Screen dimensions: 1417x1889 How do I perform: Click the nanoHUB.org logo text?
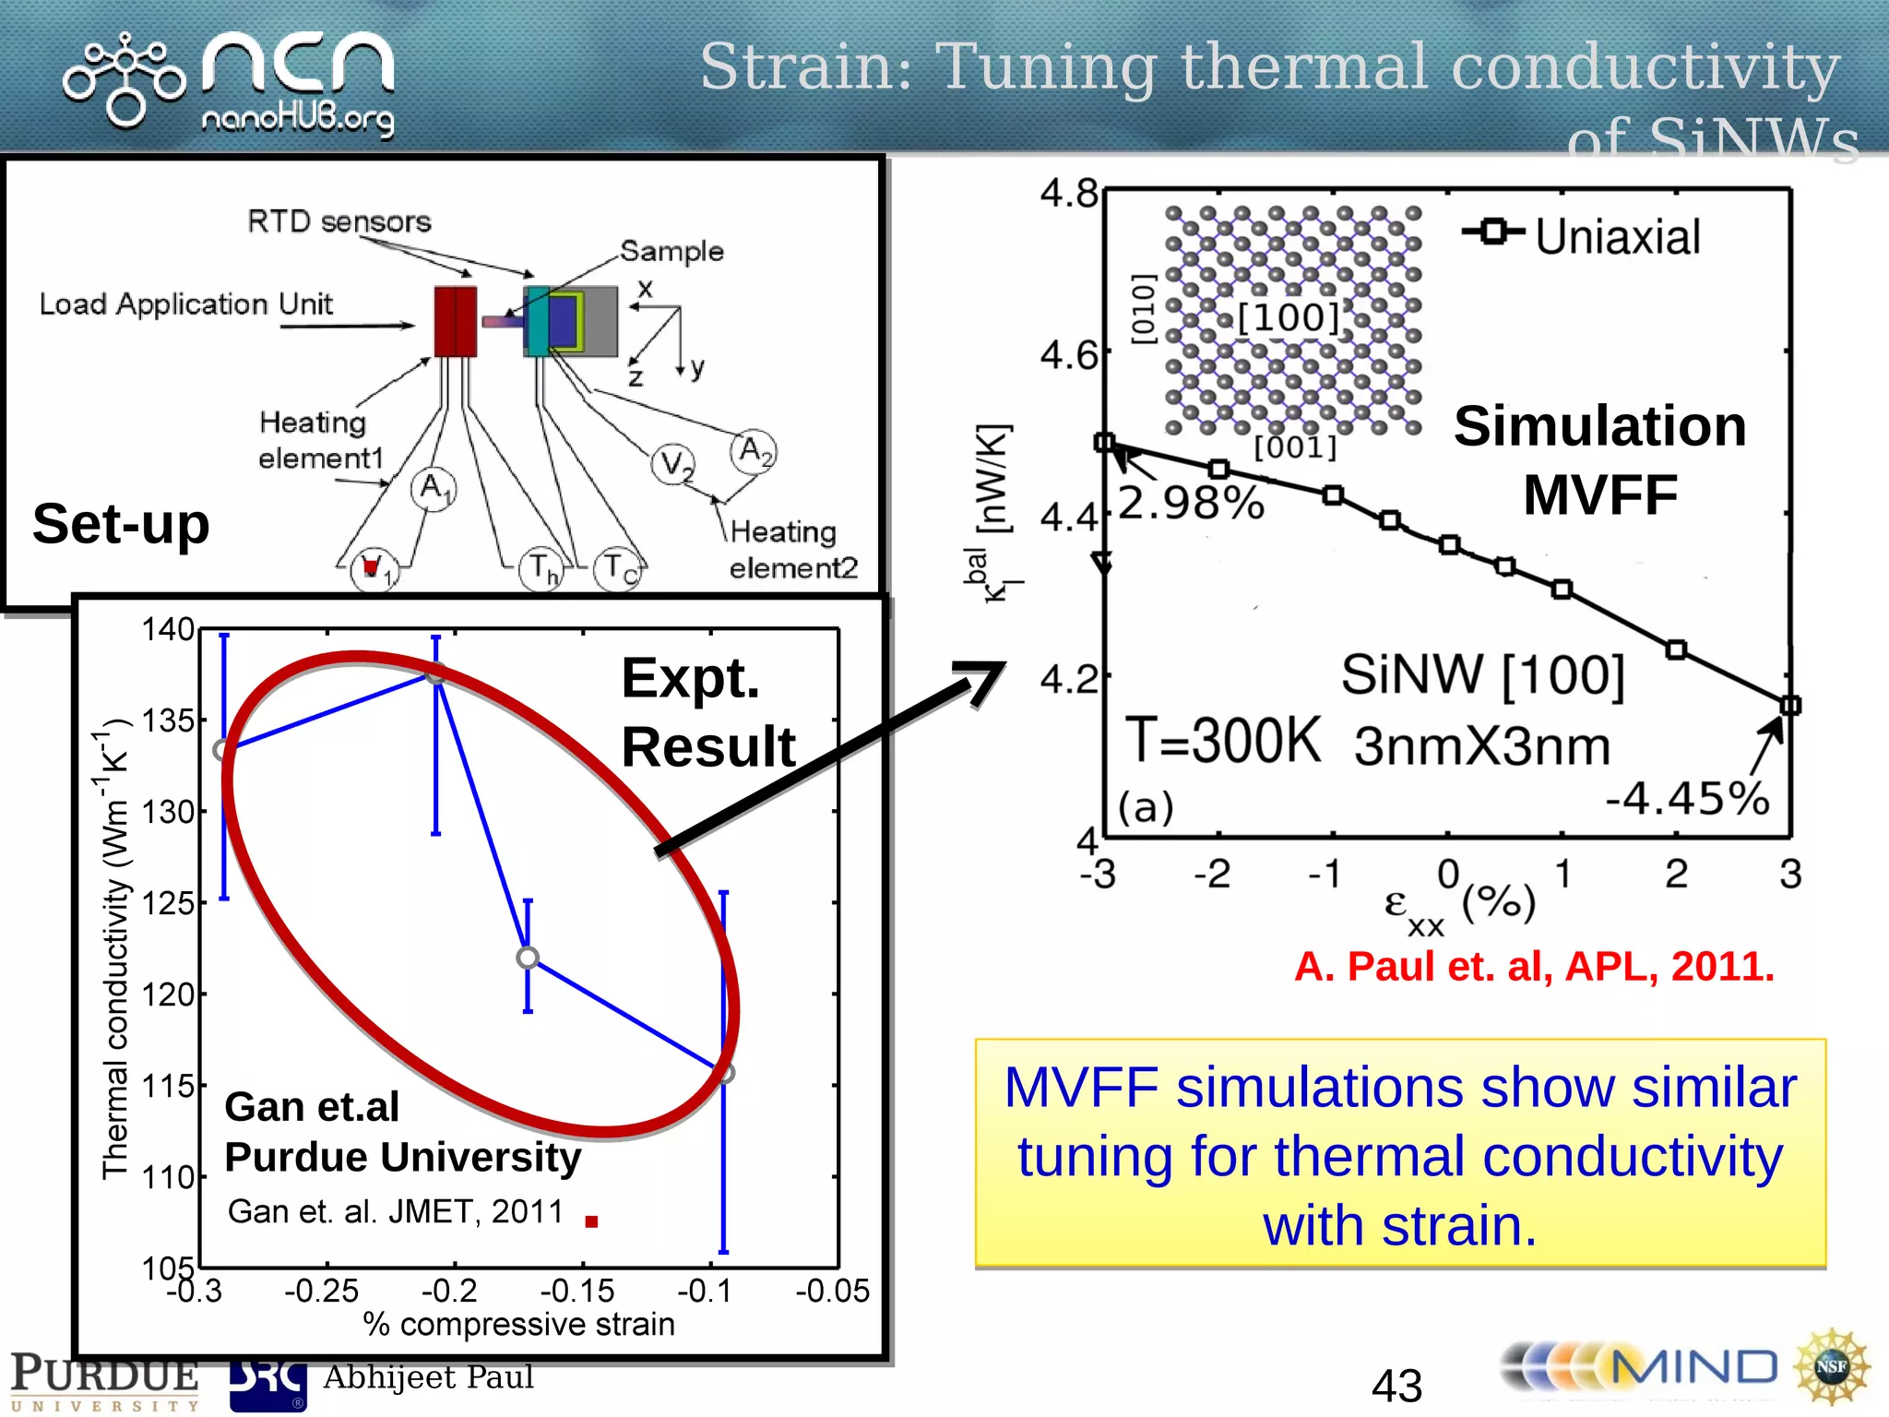(297, 119)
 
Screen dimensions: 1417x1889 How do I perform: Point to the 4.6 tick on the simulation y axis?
(1069, 355)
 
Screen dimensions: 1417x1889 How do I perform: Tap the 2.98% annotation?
(1191, 504)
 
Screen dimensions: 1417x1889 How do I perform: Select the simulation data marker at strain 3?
(1789, 706)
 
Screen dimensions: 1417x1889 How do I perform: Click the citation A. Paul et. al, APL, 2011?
(1534, 967)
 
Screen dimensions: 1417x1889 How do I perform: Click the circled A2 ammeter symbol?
(754, 451)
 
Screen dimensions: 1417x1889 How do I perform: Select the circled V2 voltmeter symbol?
(674, 464)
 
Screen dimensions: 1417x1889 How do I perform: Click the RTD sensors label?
(339, 222)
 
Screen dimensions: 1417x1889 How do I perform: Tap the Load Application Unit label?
(185, 304)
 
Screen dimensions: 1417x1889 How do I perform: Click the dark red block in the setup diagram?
(456, 321)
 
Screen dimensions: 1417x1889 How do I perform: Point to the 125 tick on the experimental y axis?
(168, 903)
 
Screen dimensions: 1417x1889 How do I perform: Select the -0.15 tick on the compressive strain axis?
(577, 1291)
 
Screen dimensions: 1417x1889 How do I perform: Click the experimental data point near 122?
(528, 958)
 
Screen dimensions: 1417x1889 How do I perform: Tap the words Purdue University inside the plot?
(403, 1157)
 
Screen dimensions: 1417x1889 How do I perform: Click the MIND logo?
(1642, 1368)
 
